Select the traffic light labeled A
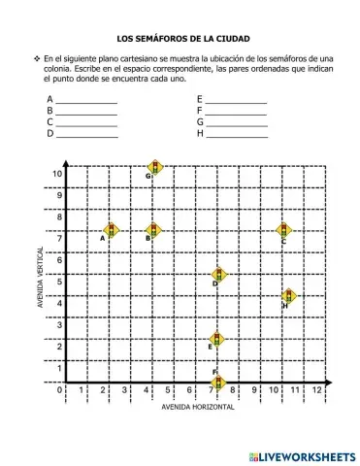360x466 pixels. pyautogui.click(x=111, y=229)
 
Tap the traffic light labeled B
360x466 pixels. pyautogui.click(x=153, y=229)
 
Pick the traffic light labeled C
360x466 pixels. pyautogui.click(x=283, y=229)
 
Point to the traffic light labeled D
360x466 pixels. pyautogui.click(x=219, y=275)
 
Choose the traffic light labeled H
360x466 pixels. pyautogui.click(x=288, y=296)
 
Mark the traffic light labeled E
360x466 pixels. pyautogui.click(x=217, y=338)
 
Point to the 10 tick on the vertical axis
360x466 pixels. pyautogui.click(x=58, y=174)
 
